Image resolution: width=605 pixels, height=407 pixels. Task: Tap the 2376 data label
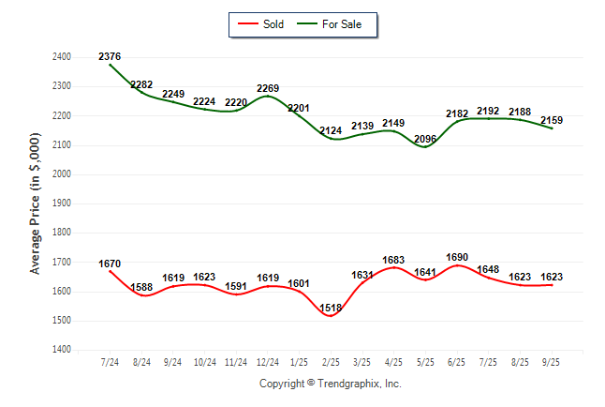110,56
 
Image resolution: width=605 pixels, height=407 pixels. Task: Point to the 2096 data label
425,140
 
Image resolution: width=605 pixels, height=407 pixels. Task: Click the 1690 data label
457,257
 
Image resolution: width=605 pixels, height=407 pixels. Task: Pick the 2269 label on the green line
268,90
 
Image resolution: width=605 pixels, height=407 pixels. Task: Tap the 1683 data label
394,260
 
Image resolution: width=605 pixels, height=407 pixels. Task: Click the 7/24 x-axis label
110,362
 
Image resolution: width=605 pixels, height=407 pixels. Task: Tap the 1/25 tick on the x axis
300,362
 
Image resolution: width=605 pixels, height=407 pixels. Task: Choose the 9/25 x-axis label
553,362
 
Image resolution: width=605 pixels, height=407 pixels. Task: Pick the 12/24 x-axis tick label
268,362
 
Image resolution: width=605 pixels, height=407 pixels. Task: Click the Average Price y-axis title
36,203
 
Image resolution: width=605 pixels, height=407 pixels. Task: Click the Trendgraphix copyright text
330,384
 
